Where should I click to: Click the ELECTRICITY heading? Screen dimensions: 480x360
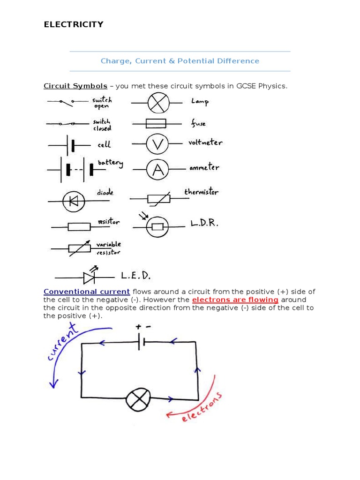[x=74, y=25]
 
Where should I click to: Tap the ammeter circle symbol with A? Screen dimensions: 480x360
[x=157, y=169]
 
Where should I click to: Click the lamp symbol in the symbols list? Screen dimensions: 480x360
[x=158, y=102]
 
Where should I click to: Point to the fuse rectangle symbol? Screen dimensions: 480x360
[x=156, y=124]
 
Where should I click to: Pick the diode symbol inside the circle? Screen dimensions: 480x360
[x=74, y=202]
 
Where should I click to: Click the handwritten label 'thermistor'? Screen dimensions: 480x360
[x=201, y=192]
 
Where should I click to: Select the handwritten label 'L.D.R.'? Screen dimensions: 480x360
[x=204, y=223]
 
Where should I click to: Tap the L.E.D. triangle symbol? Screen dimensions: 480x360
[x=89, y=278]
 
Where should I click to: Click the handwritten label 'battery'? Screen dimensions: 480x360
[x=110, y=163]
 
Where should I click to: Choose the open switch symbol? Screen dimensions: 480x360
[x=67, y=101]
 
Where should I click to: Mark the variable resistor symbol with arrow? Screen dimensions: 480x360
[x=79, y=249]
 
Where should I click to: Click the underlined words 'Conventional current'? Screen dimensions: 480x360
[x=87, y=292]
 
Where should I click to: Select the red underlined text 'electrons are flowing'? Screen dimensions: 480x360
[x=235, y=300]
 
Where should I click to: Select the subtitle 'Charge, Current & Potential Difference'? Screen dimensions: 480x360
[x=180, y=61]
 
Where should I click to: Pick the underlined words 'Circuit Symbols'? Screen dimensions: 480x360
[x=75, y=86]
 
